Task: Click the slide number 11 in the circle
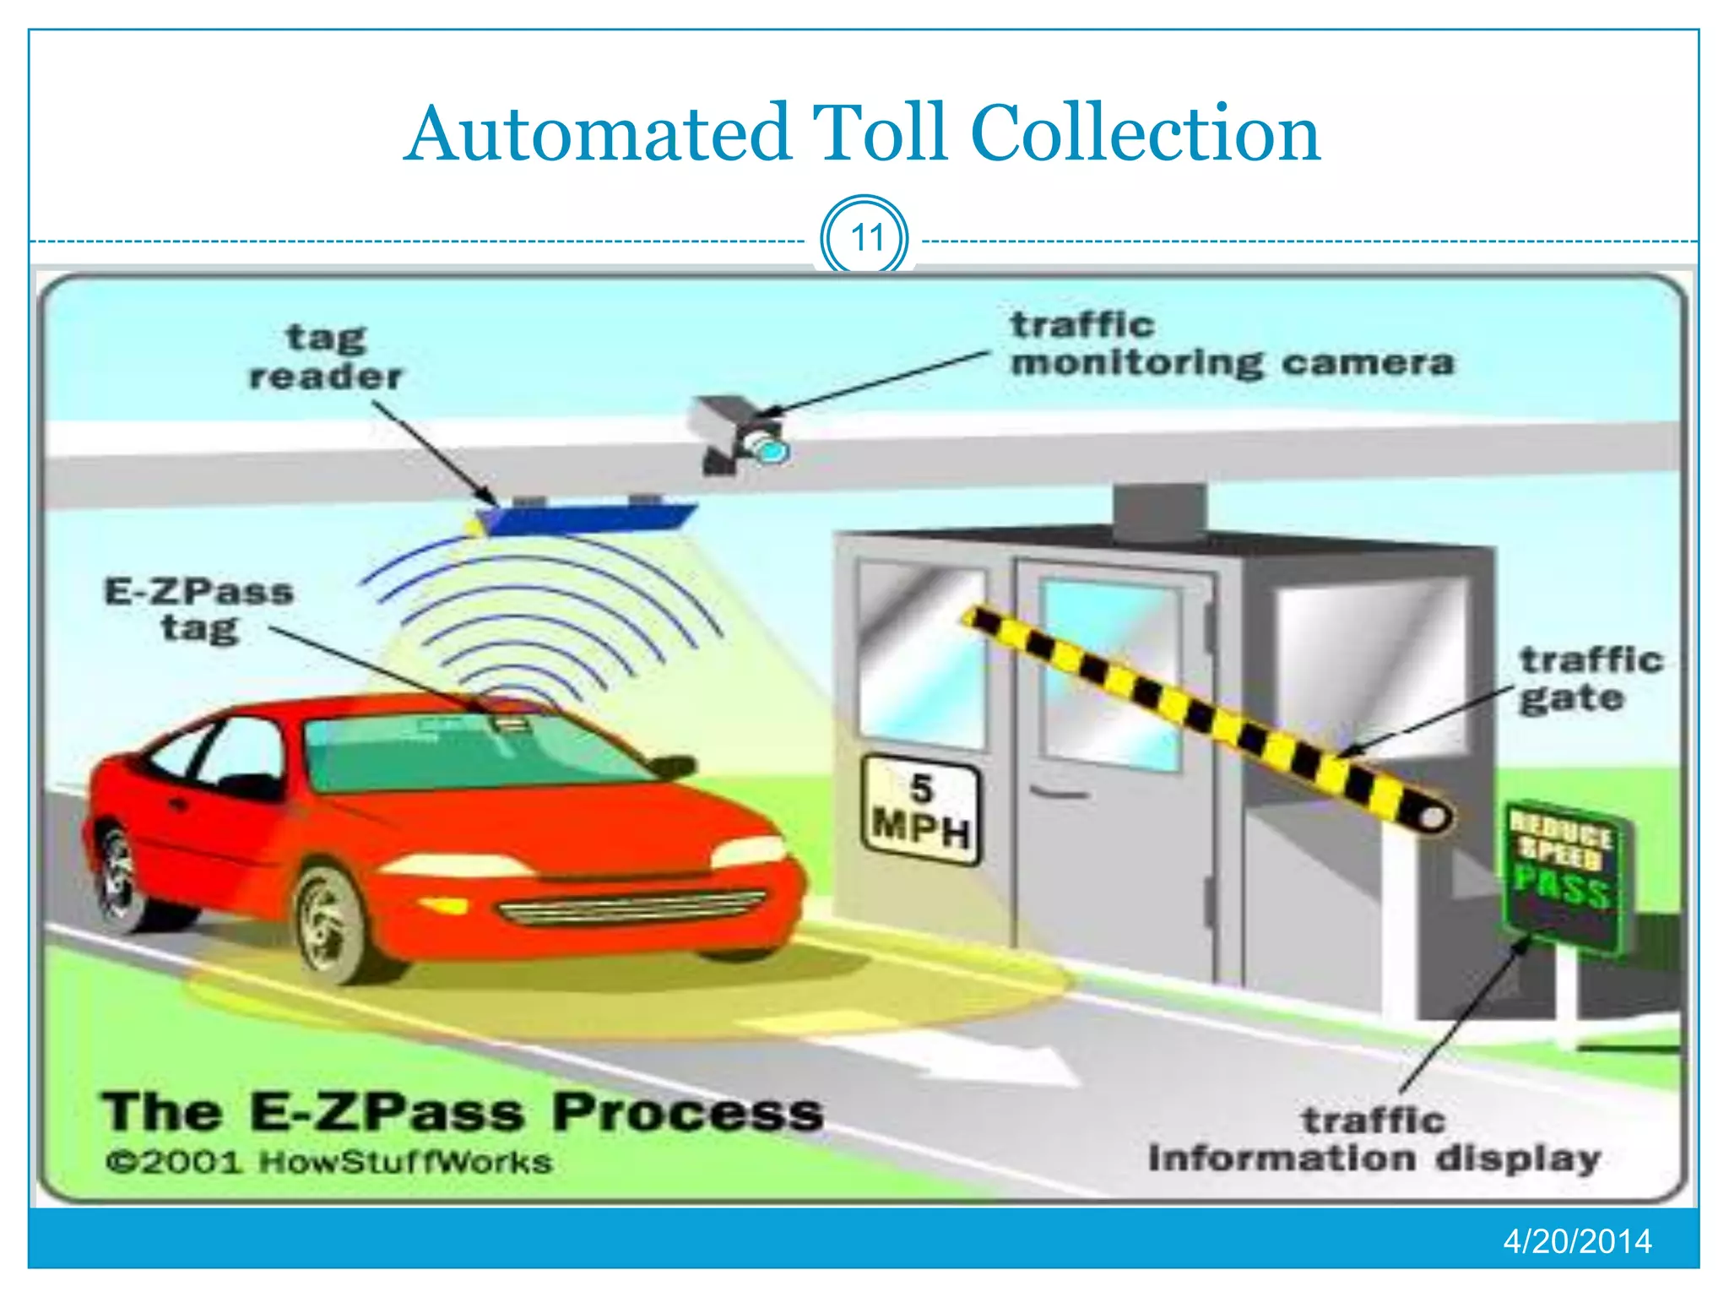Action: tap(865, 237)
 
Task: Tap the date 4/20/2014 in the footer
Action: tap(1576, 1241)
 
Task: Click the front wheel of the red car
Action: tap(332, 925)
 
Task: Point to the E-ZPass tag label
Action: tap(199, 610)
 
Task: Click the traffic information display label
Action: tap(1374, 1140)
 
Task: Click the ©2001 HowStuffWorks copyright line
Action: tap(329, 1163)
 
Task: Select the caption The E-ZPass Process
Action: tap(462, 1112)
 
